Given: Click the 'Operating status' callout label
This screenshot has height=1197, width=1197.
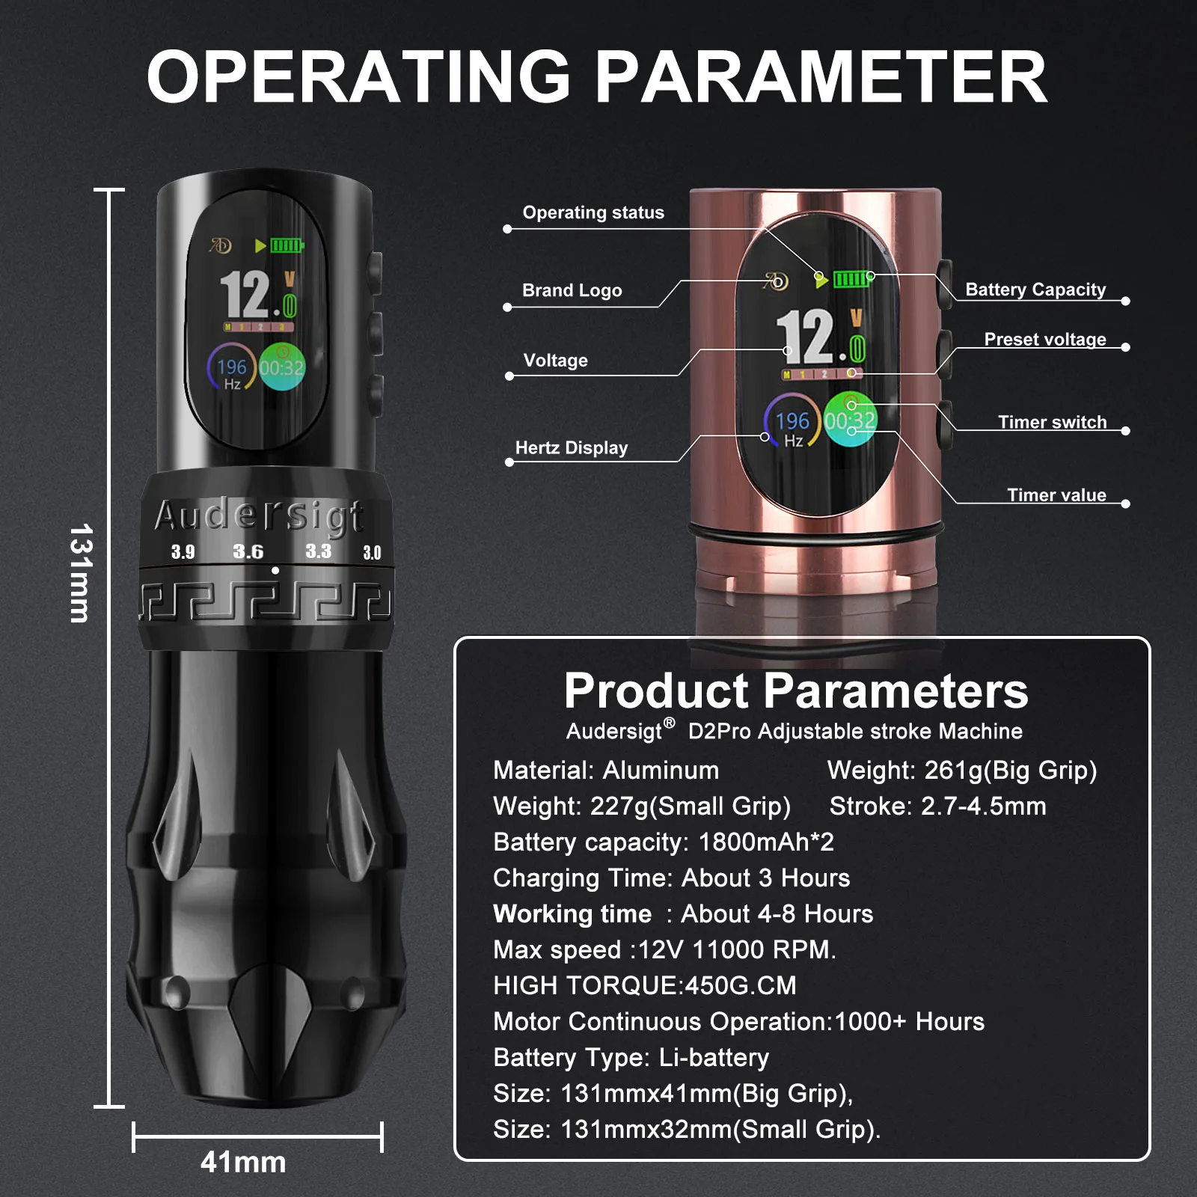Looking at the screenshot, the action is tap(593, 212).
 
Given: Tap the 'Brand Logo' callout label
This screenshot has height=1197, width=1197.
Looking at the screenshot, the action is tap(572, 290).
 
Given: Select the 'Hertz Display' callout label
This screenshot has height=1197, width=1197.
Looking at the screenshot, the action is tap(572, 448).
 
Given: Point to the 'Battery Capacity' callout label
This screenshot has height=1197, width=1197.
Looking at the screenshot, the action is tap(1035, 290).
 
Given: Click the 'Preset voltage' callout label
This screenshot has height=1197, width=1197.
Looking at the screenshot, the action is tap(1045, 340).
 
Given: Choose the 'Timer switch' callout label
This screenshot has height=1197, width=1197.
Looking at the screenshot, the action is tap(1053, 422).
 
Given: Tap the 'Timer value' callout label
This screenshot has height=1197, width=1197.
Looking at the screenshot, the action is tap(1056, 495).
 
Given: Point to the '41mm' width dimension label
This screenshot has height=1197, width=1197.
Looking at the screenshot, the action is tap(243, 1162).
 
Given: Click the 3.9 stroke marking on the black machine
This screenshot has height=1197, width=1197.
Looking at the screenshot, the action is tap(183, 552).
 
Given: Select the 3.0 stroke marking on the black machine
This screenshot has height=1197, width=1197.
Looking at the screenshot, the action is tap(372, 553).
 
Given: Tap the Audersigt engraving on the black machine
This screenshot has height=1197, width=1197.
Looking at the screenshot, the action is tap(260, 515).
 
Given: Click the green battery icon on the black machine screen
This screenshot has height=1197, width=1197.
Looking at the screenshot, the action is tap(287, 245).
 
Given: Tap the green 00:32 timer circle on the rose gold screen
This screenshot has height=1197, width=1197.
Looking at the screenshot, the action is tap(851, 419).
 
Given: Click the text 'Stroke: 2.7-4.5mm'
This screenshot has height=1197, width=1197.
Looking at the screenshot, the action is tap(938, 806).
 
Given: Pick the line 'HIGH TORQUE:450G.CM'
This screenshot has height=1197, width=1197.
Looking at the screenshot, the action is tap(645, 985).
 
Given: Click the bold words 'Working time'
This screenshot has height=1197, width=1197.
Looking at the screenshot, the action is tap(572, 913).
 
